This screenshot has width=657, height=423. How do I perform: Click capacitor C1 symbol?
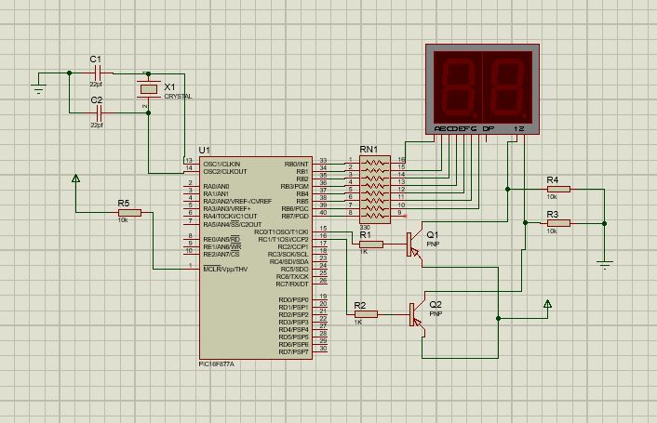(96, 73)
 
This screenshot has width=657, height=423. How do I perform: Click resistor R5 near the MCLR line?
(128, 213)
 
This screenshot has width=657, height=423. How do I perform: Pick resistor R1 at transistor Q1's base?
(369, 244)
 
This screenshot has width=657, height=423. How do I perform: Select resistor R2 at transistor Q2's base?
(366, 314)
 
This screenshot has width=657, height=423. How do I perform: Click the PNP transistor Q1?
(415, 244)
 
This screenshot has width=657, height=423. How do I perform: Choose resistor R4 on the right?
(557, 189)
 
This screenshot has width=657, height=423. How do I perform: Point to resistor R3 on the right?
(557, 223)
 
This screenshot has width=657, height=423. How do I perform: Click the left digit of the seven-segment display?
(459, 85)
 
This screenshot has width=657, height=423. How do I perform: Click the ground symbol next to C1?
(38, 88)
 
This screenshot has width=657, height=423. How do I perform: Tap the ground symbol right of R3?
(606, 262)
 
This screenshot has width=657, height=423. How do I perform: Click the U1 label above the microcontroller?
(205, 151)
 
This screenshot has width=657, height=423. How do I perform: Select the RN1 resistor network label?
(369, 149)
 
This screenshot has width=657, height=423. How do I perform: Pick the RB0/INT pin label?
(296, 163)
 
